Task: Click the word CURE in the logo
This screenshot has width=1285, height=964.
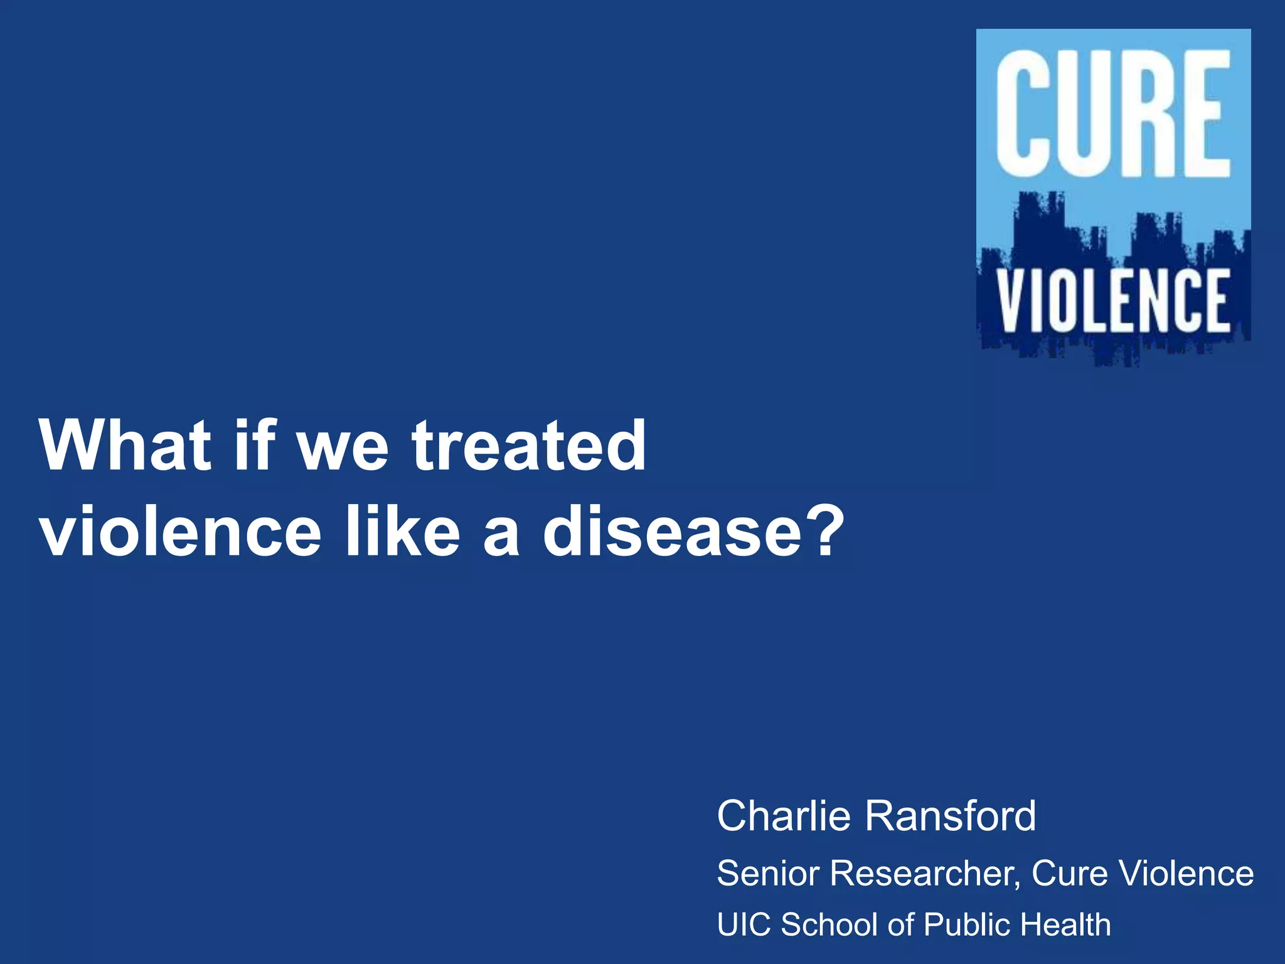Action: [1113, 113]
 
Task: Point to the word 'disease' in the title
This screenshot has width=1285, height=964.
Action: [672, 532]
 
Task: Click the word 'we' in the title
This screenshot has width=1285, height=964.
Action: [343, 446]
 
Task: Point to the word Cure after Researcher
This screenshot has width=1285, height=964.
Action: [1069, 873]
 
